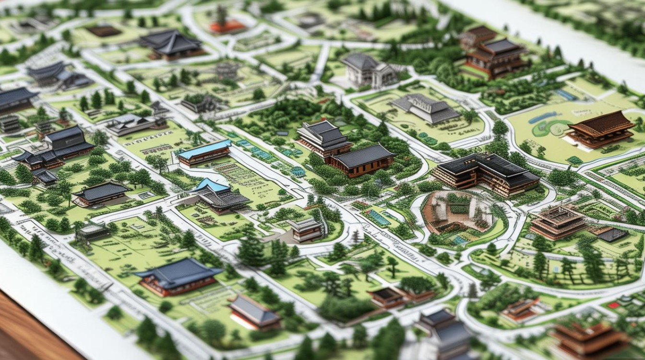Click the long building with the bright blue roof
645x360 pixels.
click(x=204, y=152)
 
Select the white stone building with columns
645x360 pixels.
click(x=367, y=70)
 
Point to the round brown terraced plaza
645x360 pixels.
click(x=458, y=213)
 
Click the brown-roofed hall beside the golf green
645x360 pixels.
click(x=601, y=129)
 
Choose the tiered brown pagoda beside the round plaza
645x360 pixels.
click(x=558, y=222)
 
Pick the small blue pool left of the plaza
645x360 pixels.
click(x=379, y=217)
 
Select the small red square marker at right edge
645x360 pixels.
click(x=613, y=305)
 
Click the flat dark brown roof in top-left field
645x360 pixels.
click(x=104, y=30)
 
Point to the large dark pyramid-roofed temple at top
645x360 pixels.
click(x=170, y=44)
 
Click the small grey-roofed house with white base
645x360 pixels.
click(x=253, y=312)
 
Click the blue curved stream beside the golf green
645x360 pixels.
click(x=543, y=117)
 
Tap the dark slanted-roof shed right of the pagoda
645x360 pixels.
click(x=611, y=234)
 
